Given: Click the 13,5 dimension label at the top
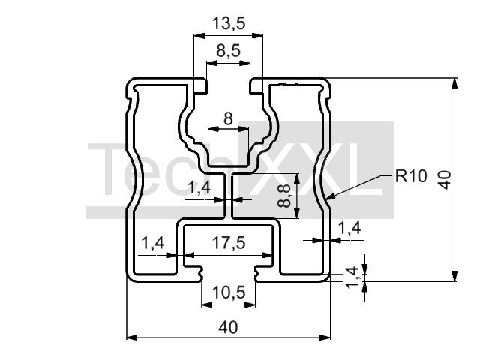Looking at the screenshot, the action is click(229, 23).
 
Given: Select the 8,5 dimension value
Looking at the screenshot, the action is click(228, 51).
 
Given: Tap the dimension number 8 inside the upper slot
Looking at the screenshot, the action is click(228, 118).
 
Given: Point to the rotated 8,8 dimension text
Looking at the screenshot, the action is click(285, 196).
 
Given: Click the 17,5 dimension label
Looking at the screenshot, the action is click(229, 243).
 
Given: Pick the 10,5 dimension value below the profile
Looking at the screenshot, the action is click(229, 292).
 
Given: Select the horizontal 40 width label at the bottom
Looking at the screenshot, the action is click(228, 328).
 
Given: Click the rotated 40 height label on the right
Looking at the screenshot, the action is click(444, 180).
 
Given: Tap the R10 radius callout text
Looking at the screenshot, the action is click(411, 176).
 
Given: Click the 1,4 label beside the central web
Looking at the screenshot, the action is click(199, 187).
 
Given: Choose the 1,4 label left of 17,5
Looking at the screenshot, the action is click(153, 243).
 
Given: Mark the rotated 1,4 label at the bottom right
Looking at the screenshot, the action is click(352, 277).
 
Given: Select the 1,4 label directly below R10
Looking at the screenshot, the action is click(349, 228).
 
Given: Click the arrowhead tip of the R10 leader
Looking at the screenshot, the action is click(326, 199).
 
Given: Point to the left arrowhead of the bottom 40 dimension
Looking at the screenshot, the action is click(127, 337).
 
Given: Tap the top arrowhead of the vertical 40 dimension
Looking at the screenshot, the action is click(455, 79).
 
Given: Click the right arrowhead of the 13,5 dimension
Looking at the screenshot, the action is click(262, 36).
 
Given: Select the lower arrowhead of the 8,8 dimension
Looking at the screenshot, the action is click(297, 217).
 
